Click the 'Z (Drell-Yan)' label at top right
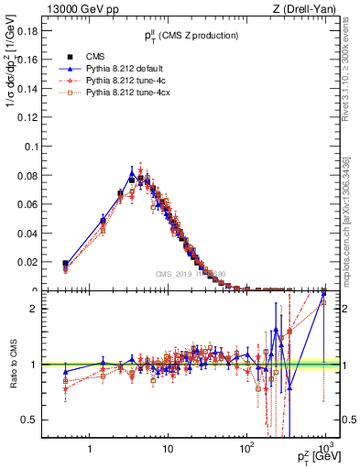pos(308,10)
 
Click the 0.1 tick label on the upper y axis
pos(27,147)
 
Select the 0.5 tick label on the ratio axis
pos(27,420)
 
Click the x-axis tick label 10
pos(168,450)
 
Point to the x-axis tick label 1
pos(89,450)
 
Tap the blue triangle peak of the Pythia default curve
pos(132,171)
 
